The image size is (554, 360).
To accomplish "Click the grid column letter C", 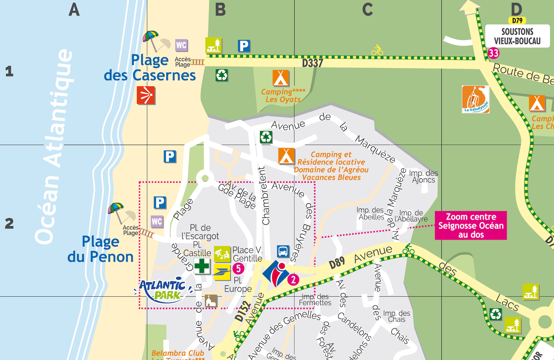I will coord(367,10).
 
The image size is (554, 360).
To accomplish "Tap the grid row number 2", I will coord(9,224).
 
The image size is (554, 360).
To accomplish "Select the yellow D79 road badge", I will coord(517,21).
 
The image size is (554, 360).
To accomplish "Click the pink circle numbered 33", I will coord(494,53).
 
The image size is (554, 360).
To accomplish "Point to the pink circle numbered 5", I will coord(238,268).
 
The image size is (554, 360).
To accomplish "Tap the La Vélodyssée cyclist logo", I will coord(475,99).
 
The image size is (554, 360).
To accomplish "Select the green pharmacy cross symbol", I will coord(202,266).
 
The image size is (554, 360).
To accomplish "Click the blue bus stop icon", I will coord(283,251).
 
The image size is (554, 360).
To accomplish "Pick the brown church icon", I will coord(211,301).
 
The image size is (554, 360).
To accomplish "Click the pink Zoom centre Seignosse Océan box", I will coord(471,226).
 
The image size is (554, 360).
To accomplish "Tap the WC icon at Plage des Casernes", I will coord(181,45).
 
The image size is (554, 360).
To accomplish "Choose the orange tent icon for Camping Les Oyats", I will coord(281,78).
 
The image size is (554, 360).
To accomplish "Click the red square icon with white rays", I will coord(146,95).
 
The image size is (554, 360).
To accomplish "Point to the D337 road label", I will coord(312,63).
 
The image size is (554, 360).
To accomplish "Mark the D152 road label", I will coord(242,311).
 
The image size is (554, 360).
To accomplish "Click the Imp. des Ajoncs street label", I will coord(423,176).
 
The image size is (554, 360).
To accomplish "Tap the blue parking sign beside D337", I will coord(244,46).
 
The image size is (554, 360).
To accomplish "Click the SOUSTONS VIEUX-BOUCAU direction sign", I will coord(517,36).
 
